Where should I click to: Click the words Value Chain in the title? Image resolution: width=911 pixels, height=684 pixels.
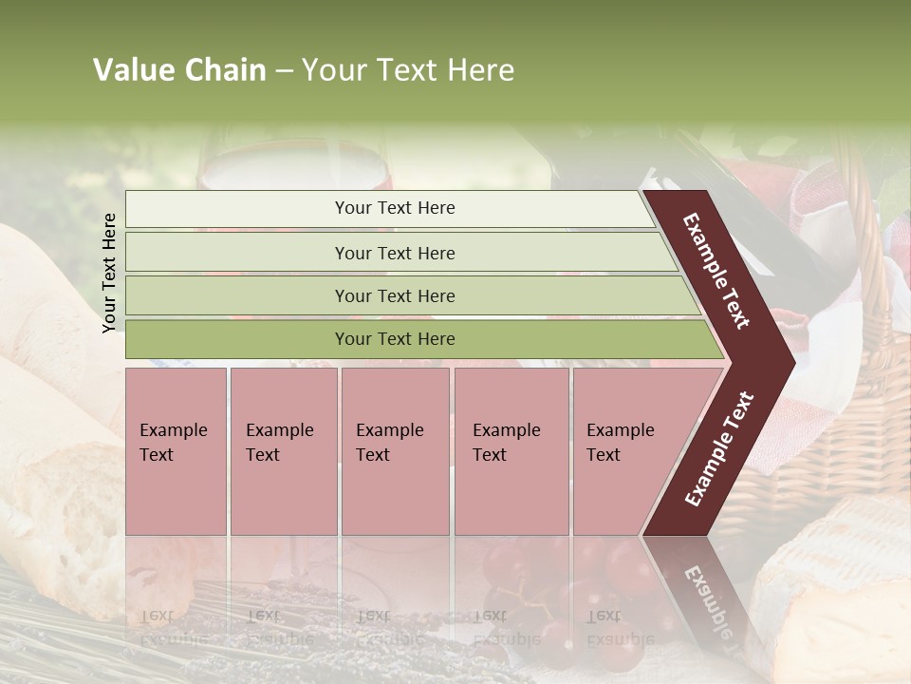tap(179, 70)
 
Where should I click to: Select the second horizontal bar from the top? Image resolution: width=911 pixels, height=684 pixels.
tap(395, 253)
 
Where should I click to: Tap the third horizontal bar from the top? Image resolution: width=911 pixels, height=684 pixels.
tap(395, 295)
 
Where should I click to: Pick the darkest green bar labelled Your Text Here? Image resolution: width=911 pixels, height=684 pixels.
tap(395, 339)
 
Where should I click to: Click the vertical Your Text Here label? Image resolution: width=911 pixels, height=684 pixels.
tap(110, 273)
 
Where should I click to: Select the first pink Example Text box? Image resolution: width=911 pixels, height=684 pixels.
tap(176, 450)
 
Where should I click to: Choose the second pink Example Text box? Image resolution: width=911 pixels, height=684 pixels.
tap(284, 450)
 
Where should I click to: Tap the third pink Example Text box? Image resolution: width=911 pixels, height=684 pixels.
tap(395, 450)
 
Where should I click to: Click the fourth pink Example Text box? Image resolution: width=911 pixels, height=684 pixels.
tap(511, 450)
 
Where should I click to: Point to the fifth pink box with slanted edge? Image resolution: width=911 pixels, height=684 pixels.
tap(626, 450)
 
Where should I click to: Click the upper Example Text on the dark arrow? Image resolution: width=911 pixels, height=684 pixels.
tap(717, 271)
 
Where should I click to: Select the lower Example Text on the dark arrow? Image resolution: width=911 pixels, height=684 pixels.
tap(719, 449)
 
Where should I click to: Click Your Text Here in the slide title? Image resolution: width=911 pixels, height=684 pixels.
tap(408, 70)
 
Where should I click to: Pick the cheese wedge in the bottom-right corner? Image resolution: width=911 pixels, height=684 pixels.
tap(835, 589)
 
